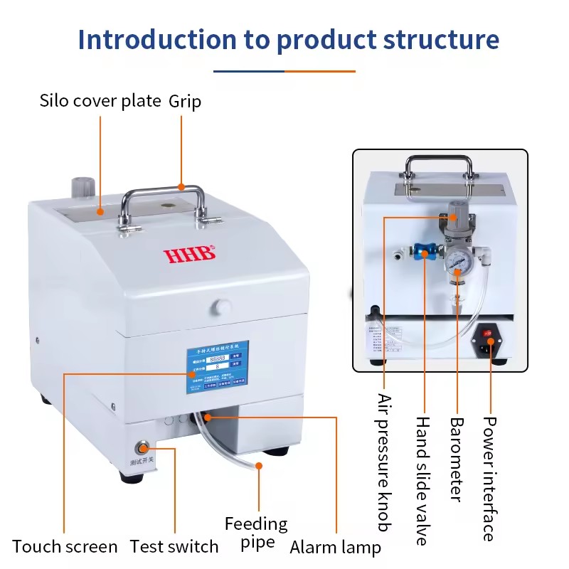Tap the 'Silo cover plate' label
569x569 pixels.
click(x=100, y=101)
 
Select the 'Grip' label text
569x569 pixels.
click(x=185, y=101)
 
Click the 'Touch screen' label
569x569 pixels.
click(x=65, y=547)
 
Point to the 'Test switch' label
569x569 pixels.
click(x=174, y=547)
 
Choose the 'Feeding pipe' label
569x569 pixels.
click(x=256, y=533)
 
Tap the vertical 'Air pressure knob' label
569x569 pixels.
click(x=384, y=462)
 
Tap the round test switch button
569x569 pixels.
click(x=143, y=448)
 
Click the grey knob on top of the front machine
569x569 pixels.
click(x=83, y=187)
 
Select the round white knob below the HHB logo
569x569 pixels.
click(x=222, y=307)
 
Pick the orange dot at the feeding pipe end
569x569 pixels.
click(x=259, y=466)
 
